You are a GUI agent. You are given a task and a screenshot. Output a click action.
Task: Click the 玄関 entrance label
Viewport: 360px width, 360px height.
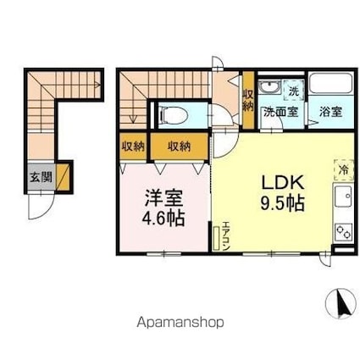[x=39, y=179]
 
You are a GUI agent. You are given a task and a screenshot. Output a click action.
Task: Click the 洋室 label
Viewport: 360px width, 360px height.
[x=164, y=198]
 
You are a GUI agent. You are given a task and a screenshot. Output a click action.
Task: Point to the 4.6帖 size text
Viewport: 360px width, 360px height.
[x=164, y=218]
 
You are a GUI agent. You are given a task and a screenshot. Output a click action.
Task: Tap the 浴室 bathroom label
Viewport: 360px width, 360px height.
[x=330, y=111]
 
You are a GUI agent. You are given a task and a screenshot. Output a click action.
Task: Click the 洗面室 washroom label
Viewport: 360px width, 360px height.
[x=278, y=111]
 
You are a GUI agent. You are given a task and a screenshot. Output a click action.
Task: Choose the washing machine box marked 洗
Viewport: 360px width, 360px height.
[x=292, y=90]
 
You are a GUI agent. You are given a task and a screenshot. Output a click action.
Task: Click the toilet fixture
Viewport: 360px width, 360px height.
[x=175, y=115]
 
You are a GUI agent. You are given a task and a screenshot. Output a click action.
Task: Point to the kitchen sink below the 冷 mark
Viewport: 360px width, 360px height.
[x=344, y=199]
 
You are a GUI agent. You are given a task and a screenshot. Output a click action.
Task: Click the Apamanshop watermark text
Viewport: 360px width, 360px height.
[x=180, y=322]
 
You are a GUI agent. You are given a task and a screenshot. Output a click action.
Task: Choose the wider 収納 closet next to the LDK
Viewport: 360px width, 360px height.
[x=179, y=147]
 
